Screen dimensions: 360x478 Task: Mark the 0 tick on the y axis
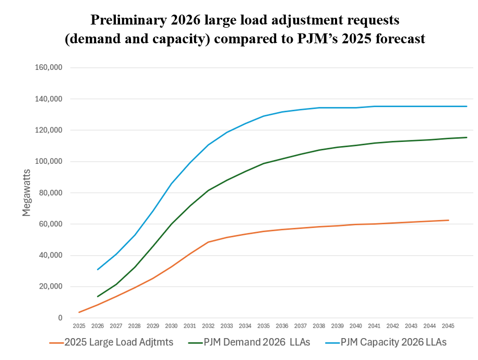pyautogui.click(x=61, y=318)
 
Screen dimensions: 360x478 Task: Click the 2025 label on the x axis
pyautogui.click(x=79, y=326)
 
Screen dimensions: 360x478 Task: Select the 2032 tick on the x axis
pyautogui.click(x=208, y=326)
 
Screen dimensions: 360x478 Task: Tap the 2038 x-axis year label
pyautogui.click(x=319, y=326)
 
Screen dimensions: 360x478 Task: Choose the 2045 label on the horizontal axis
pyautogui.click(x=448, y=326)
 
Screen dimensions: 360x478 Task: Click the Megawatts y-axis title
pyautogui.click(x=27, y=193)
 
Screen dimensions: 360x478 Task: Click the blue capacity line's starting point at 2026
pyautogui.click(x=98, y=270)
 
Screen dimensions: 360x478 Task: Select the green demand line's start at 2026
pyautogui.click(x=98, y=296)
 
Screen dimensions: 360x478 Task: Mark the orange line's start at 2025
pyautogui.click(x=79, y=313)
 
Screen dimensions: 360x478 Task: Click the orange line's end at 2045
pyautogui.click(x=448, y=220)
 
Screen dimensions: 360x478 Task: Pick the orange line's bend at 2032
pyautogui.click(x=208, y=242)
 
